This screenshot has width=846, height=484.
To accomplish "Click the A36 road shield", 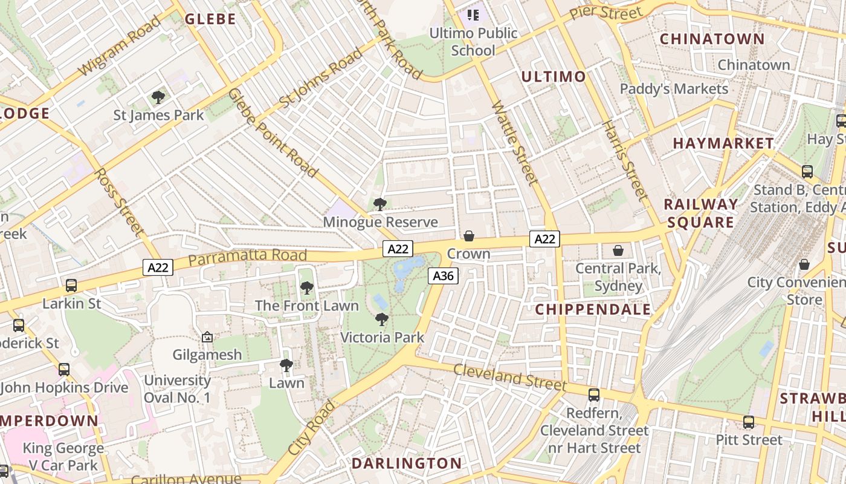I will tap(444, 276).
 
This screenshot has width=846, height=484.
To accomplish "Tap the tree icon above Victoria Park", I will tap(381, 319).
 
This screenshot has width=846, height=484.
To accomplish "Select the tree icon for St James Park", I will tap(158, 97).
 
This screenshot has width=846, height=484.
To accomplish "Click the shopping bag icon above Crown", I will tap(469, 235).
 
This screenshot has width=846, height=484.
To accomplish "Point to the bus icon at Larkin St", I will tap(71, 285).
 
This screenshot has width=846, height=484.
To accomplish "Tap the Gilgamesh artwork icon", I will tap(207, 336).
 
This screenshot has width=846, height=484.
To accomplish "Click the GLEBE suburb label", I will tap(210, 19).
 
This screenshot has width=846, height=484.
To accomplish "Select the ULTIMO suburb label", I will tap(554, 76).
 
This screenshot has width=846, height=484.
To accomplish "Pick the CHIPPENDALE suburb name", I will tap(593, 310).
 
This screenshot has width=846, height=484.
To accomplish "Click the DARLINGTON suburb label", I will tap(407, 463).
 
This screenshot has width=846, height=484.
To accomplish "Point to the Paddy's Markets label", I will tap(674, 89).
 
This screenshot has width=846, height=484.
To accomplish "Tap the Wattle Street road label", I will tap(514, 143).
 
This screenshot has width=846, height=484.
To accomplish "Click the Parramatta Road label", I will tap(248, 257).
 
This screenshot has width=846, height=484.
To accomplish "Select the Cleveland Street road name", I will tap(510, 377).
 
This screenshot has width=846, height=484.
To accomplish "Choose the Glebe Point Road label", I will tap(273, 132).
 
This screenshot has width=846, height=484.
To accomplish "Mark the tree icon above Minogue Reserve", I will tap(380, 204).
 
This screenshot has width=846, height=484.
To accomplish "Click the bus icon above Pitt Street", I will tap(749, 422).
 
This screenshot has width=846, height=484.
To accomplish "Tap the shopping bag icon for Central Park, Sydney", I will tap(618, 250).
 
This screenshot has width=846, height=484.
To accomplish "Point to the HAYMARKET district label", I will tap(723, 143).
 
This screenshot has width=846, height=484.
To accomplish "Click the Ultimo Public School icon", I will tap(473, 15).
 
